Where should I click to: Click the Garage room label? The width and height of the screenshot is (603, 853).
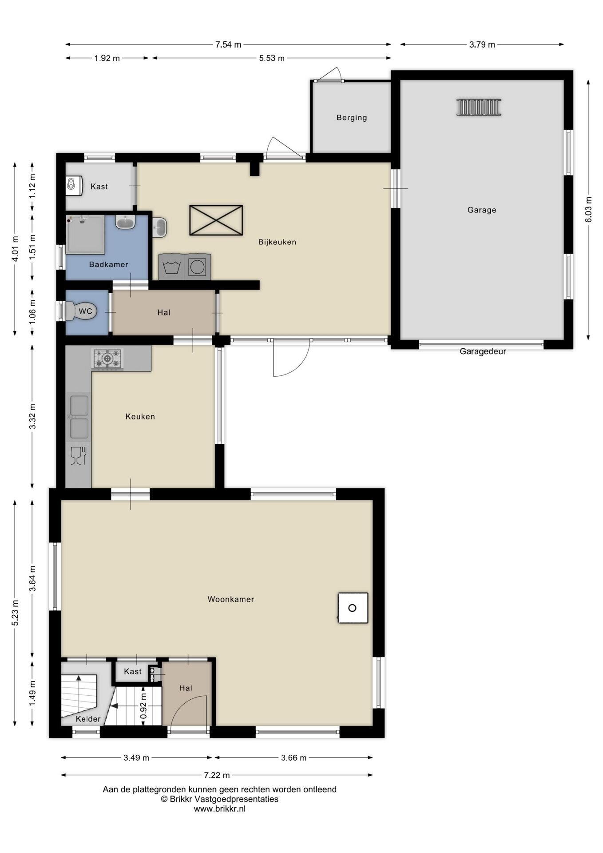point(482,210)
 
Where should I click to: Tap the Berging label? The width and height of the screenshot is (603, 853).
point(352,118)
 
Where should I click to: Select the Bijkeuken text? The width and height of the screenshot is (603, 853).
point(277,242)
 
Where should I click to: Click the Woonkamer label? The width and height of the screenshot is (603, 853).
point(231,599)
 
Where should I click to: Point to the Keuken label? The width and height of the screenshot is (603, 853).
point(140,417)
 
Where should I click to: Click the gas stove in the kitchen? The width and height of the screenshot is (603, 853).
point(107,359)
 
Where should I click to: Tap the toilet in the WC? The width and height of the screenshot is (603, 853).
point(80,311)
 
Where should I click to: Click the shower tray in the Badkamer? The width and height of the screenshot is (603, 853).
point(85,235)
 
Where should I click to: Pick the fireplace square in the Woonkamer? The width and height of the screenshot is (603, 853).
point(353,608)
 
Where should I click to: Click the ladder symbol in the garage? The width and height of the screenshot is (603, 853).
point(479,107)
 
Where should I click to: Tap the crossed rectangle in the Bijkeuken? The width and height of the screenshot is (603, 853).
point(216,220)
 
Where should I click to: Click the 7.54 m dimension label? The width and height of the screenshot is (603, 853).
point(228,44)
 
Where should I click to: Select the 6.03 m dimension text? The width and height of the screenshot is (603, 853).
point(589,210)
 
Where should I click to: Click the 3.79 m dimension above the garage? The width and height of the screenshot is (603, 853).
point(482,44)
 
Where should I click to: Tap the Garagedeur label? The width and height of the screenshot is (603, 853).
point(483,351)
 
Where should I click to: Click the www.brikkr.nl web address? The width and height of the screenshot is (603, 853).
point(220,809)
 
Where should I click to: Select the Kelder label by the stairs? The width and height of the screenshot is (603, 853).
point(88,719)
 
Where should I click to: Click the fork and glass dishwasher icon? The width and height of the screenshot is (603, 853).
point(79,456)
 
